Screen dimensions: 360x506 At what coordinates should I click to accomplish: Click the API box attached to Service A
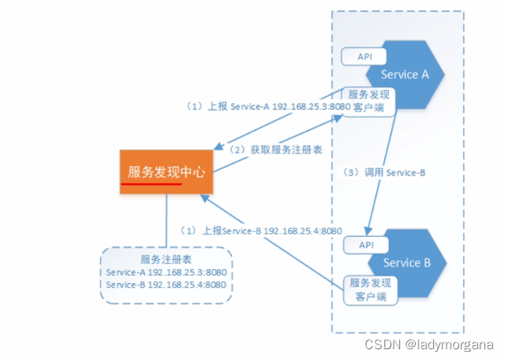click(x=364, y=57)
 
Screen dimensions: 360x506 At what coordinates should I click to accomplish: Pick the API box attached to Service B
click(x=364, y=246)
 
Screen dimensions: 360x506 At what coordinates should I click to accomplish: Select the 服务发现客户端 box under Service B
click(x=370, y=289)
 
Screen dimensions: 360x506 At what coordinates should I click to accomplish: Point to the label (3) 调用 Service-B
click(x=384, y=173)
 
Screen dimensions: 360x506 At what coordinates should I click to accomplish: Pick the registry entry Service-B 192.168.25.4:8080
click(x=166, y=285)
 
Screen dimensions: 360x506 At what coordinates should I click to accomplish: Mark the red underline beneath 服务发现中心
click(x=154, y=185)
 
